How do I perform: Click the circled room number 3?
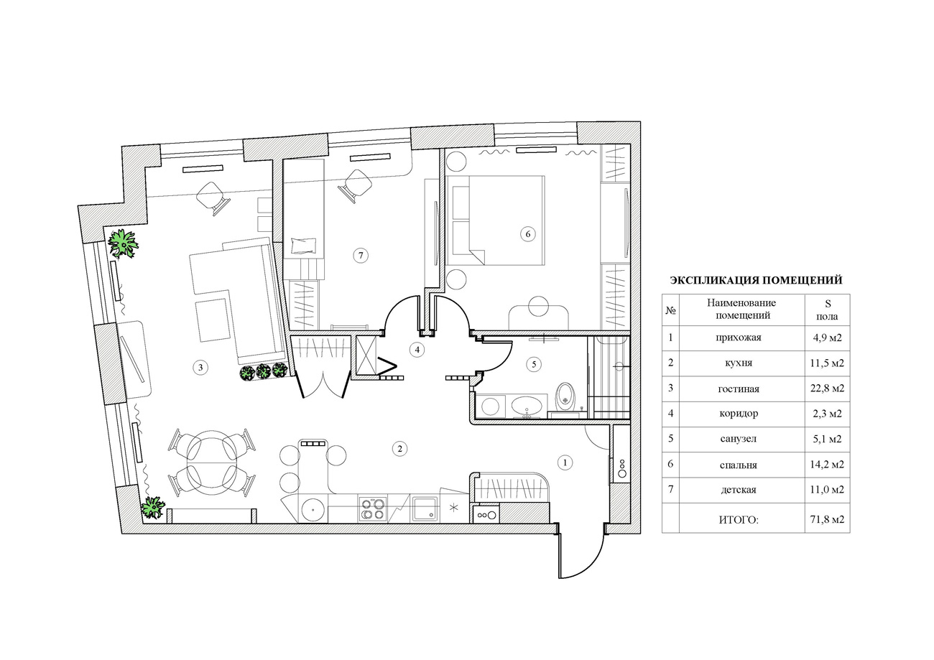(200, 368)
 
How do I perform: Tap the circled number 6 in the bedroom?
(528, 234)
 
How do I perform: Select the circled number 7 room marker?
(361, 255)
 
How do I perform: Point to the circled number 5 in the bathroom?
(534, 365)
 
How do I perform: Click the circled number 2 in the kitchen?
(400, 449)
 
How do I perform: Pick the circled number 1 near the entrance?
(565, 463)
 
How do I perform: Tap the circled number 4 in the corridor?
(417, 350)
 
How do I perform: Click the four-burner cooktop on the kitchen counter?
(373, 508)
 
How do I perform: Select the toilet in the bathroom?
(566, 396)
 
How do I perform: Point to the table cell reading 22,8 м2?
(827, 389)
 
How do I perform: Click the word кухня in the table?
(739, 363)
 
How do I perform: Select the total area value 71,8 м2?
(827, 519)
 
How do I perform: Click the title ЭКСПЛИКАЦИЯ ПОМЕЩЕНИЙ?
(756, 280)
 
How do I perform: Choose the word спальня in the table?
(739, 465)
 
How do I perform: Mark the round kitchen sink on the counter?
(313, 508)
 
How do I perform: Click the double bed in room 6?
(495, 220)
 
